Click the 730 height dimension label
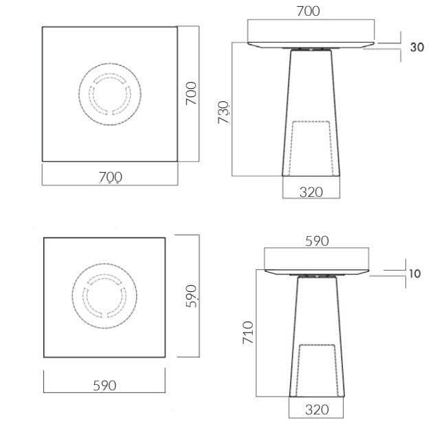pyautogui.click(x=224, y=112)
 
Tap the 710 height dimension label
pyautogui.click(x=249, y=332)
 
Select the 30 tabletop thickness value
pyautogui.click(x=416, y=47)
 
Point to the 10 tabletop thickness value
pyautogui.click(x=414, y=273)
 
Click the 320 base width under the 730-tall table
pyautogui.click(x=311, y=192)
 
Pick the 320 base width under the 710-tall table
pyautogui.click(x=315, y=410)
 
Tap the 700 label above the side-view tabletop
pyautogui.click(x=307, y=11)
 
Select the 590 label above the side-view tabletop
pyautogui.click(x=317, y=241)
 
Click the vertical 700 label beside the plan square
pyautogui.click(x=192, y=93)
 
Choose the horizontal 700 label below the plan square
pyautogui.click(x=110, y=177)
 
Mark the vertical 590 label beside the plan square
pyautogui.click(x=192, y=296)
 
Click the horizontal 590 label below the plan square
pyautogui.click(x=104, y=386)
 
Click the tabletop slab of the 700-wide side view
pyautogui.click(x=311, y=34)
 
